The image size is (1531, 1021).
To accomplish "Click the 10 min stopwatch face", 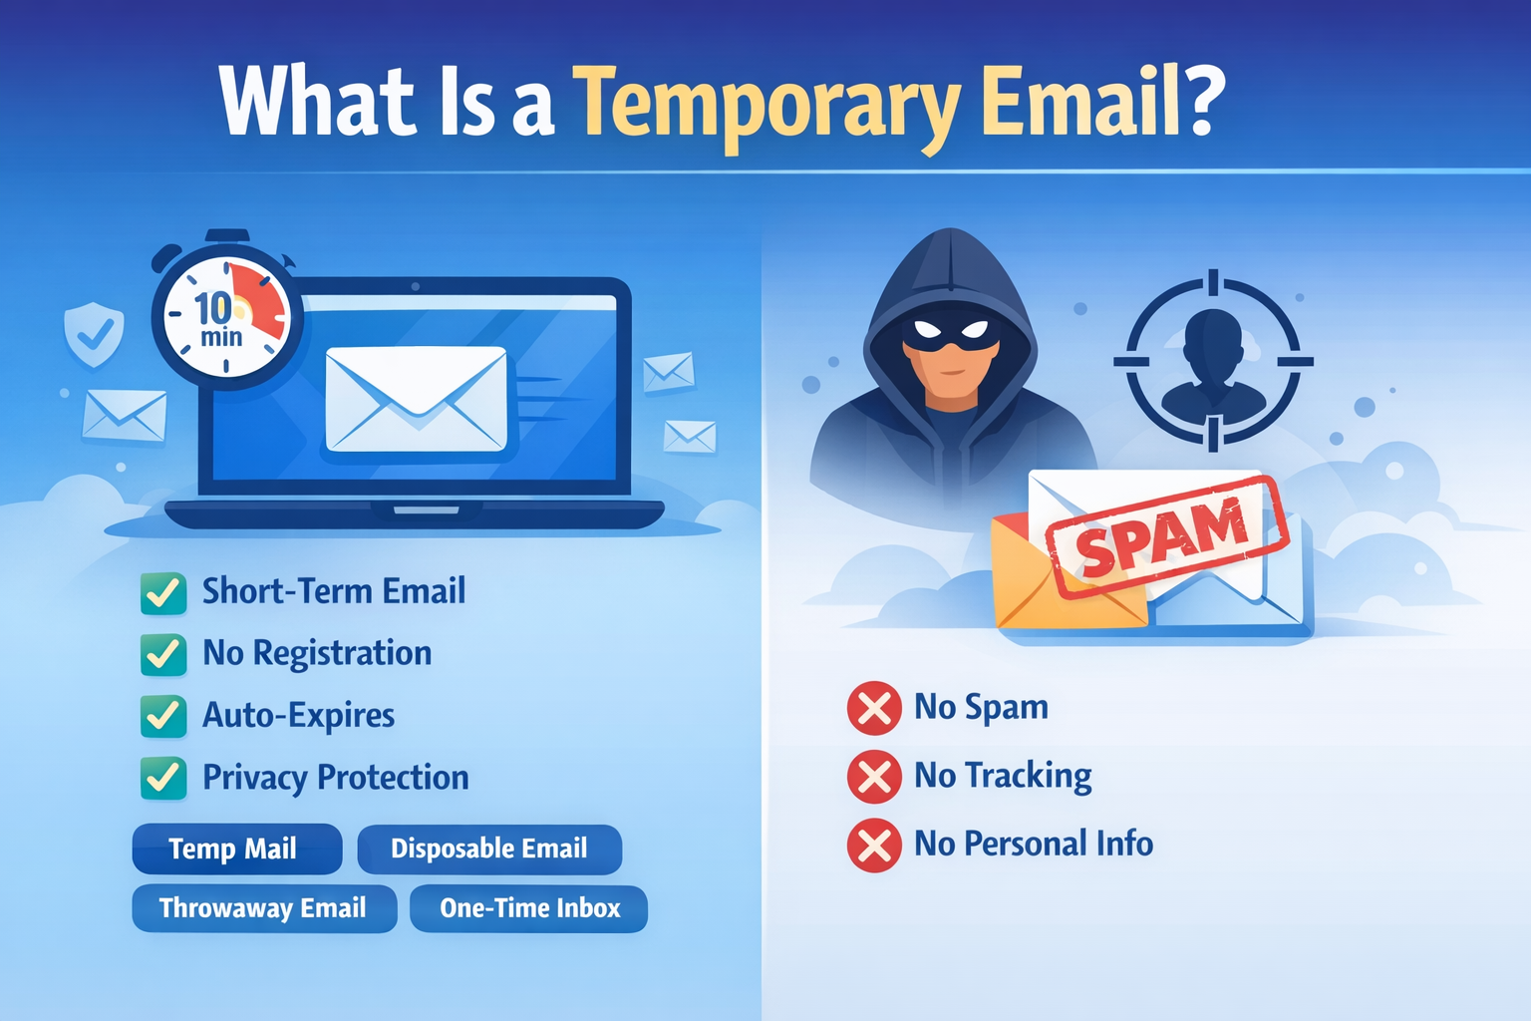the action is coord(226,317).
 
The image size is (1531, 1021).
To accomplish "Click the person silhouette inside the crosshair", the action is coord(1213,364).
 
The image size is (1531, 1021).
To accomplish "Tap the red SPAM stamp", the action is coord(1167,537).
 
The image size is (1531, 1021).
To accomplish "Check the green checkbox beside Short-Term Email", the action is coord(163,593).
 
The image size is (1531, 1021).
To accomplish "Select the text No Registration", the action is coord(317,654).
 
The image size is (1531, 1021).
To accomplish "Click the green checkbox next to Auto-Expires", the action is coord(163,716).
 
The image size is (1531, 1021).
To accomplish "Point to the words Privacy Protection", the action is coord(336,779).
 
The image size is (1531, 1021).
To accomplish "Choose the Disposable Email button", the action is coord(489,849).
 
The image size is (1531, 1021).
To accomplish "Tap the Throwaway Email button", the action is coord(264,908).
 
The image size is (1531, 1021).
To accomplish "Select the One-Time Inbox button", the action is coord(529,908).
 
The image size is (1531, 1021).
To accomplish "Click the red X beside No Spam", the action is coord(874,709).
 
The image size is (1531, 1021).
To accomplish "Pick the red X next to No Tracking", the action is coord(874,777).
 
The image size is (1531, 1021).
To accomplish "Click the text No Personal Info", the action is coord(1034,844).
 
